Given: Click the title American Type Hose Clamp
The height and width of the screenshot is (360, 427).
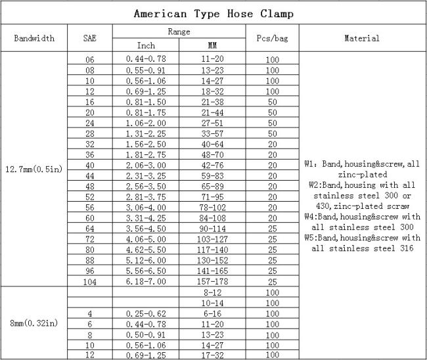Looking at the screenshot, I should [213, 13].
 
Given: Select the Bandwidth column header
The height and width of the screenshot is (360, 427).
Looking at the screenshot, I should [34, 39].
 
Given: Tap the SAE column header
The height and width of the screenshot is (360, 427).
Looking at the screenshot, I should [90, 39].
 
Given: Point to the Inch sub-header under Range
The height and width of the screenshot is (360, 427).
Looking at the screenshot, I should [146, 46].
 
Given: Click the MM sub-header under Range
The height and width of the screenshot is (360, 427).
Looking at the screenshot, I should [212, 46].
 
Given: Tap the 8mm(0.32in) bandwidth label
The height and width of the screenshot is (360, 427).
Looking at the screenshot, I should [34, 323].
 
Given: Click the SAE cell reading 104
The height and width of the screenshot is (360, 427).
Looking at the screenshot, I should [90, 281].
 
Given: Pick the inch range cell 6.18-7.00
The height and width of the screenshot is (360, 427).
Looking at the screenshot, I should [146, 281].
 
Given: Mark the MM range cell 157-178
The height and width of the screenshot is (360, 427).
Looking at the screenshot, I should [212, 281].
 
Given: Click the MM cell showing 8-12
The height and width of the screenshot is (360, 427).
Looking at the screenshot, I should [212, 291].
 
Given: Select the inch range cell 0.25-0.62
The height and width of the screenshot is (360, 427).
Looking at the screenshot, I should [146, 314].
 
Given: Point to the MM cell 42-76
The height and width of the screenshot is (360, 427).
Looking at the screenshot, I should [212, 165].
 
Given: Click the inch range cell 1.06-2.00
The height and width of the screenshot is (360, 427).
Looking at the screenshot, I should [146, 123].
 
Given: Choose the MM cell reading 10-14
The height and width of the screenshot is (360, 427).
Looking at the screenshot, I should [212, 303].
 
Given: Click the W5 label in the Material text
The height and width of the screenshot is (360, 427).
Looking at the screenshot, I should [312, 237].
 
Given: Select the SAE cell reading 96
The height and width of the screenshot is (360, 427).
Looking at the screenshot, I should [90, 271].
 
